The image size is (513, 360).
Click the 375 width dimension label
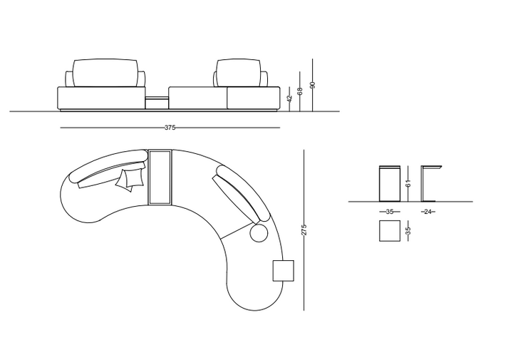coord(170,128)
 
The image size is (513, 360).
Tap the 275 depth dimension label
coord(304,230)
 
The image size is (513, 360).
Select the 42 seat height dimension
coord(289,99)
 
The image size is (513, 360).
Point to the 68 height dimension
coord(300,91)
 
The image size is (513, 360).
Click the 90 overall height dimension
coord(313,85)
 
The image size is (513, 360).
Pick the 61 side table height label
coord(408,184)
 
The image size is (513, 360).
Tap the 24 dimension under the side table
coord(428,212)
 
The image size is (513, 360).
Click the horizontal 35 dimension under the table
coord(389,212)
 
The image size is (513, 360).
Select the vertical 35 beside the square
coord(408,231)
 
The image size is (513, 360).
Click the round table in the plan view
coord(259,233)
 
